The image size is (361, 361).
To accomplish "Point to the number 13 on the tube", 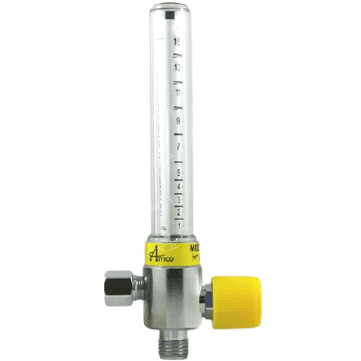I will (x=177, y=67).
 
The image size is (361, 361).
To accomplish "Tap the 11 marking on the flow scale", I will (x=178, y=93).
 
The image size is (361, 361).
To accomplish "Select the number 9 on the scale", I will (x=179, y=120).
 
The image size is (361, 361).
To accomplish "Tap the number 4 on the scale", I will (x=179, y=187).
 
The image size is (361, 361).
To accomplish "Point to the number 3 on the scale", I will (x=179, y=199).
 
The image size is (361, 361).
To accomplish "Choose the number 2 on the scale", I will (x=179, y=211).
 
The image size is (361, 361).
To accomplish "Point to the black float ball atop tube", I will (x=174, y=16).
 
